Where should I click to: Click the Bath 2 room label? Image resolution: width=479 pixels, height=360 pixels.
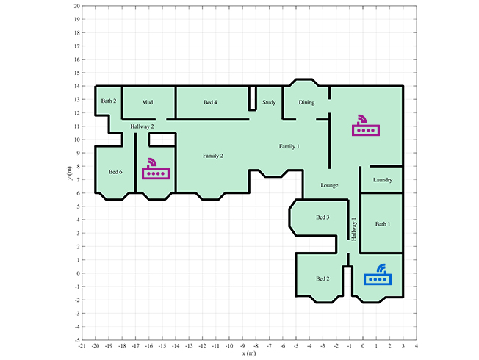[109, 101]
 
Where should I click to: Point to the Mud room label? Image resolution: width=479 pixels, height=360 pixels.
[147, 102]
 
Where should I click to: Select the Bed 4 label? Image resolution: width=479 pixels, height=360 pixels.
[210, 102]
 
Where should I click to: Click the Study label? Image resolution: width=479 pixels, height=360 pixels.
[269, 102]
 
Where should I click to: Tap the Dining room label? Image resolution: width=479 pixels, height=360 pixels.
[306, 102]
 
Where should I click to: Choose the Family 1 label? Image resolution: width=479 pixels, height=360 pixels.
[289, 146]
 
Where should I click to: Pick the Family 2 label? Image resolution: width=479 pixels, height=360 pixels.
[213, 156]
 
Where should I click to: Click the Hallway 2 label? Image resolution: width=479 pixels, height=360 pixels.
[142, 126]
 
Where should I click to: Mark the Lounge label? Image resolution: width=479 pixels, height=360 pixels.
[329, 185]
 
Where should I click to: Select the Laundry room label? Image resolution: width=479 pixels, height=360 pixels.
[383, 180]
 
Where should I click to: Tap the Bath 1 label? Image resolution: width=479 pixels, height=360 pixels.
[383, 224]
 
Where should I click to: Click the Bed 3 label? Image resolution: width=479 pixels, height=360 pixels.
[323, 217]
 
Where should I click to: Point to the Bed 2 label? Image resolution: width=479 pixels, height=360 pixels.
[323, 278]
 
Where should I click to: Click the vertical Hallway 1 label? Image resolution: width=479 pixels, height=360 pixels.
[354, 229]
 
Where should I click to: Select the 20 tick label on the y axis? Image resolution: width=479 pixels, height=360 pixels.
[76, 6]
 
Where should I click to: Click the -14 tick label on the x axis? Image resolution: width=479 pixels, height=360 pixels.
[176, 346]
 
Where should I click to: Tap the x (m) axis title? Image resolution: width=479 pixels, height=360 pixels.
[249, 353]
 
